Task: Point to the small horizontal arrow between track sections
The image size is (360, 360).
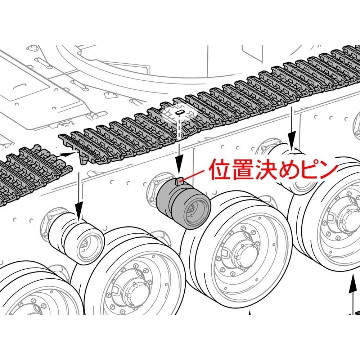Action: [x=67, y=154]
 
